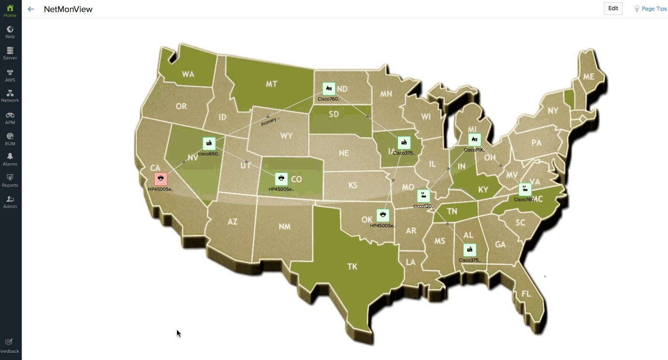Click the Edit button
coord(613,9)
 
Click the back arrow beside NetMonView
coord(31,9)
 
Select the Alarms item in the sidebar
coord(10,159)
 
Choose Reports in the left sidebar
coord(10,180)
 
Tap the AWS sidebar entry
coord(10,75)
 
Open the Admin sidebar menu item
coord(10,202)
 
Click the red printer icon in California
coord(161,179)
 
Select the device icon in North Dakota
coord(329,89)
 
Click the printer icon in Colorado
coord(281,179)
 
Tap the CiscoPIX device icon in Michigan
coord(475,139)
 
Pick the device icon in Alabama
coord(470,250)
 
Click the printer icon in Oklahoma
coord(382,215)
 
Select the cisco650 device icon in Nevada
coord(209,144)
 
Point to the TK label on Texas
coord(353,266)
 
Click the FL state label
coord(526,294)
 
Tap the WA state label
coord(188,74)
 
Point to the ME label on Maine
coord(588,77)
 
